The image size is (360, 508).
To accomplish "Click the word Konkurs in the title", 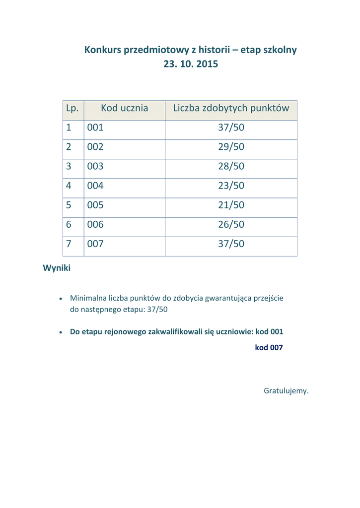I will (102, 50).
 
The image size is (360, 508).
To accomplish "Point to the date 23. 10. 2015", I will (191, 64).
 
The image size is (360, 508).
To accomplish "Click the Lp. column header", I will (72, 108).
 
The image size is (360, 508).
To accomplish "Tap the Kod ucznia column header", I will (124, 108).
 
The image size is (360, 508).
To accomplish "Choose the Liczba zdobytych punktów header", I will (231, 108).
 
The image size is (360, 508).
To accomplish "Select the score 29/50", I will (231, 147).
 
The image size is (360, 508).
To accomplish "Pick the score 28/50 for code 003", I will (231, 167).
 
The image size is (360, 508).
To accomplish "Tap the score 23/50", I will (231, 186).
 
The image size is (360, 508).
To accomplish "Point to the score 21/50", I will (231, 205).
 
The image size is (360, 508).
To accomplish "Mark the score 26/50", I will (231, 225).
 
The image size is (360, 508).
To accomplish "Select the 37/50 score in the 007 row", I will (231, 244).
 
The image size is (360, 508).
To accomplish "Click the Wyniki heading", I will (57, 268).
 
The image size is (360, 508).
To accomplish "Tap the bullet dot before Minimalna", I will (61, 299).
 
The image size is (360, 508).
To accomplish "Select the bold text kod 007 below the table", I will (269, 348).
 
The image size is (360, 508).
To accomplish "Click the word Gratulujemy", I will (286, 391).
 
